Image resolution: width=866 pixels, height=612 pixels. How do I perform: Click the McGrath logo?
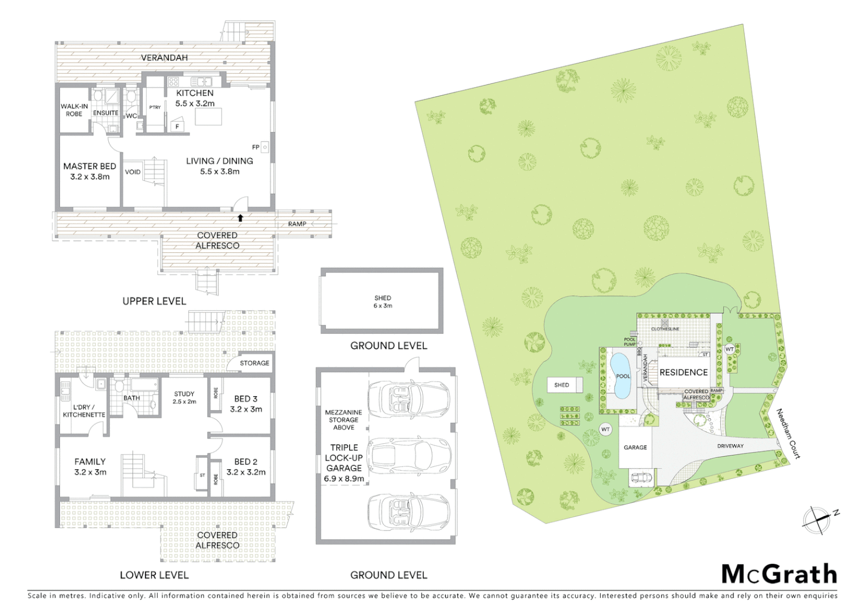click(x=779, y=574)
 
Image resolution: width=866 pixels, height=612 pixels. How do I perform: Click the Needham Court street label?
click(x=788, y=433)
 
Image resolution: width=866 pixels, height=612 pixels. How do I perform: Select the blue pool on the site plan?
click(x=622, y=376)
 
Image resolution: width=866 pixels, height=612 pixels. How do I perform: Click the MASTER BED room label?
click(x=90, y=171)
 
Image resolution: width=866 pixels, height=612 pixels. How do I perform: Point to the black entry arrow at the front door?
click(x=240, y=218)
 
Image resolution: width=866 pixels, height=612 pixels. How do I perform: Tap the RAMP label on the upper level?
click(x=297, y=224)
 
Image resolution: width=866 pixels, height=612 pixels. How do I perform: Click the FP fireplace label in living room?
click(x=256, y=147)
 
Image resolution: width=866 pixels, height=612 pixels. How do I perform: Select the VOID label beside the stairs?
click(x=133, y=172)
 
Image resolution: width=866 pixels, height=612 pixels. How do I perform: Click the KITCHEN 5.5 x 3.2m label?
click(x=195, y=98)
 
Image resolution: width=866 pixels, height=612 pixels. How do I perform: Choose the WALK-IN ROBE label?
click(x=74, y=110)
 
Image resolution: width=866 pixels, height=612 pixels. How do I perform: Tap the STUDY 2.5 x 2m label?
click(x=184, y=397)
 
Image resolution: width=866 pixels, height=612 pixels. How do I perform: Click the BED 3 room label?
click(x=246, y=403)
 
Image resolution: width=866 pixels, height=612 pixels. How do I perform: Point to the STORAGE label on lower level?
click(x=254, y=363)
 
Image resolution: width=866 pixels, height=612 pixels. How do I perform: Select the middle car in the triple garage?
click(x=409, y=453)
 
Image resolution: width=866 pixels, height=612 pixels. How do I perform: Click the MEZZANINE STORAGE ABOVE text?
click(x=343, y=420)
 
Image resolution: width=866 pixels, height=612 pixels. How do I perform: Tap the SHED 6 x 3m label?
click(x=383, y=301)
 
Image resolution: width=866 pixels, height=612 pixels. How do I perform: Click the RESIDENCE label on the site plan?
click(x=684, y=372)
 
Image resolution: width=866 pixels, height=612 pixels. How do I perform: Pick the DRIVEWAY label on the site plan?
click(x=730, y=446)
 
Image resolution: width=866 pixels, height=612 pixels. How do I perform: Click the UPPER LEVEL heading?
click(x=154, y=301)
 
